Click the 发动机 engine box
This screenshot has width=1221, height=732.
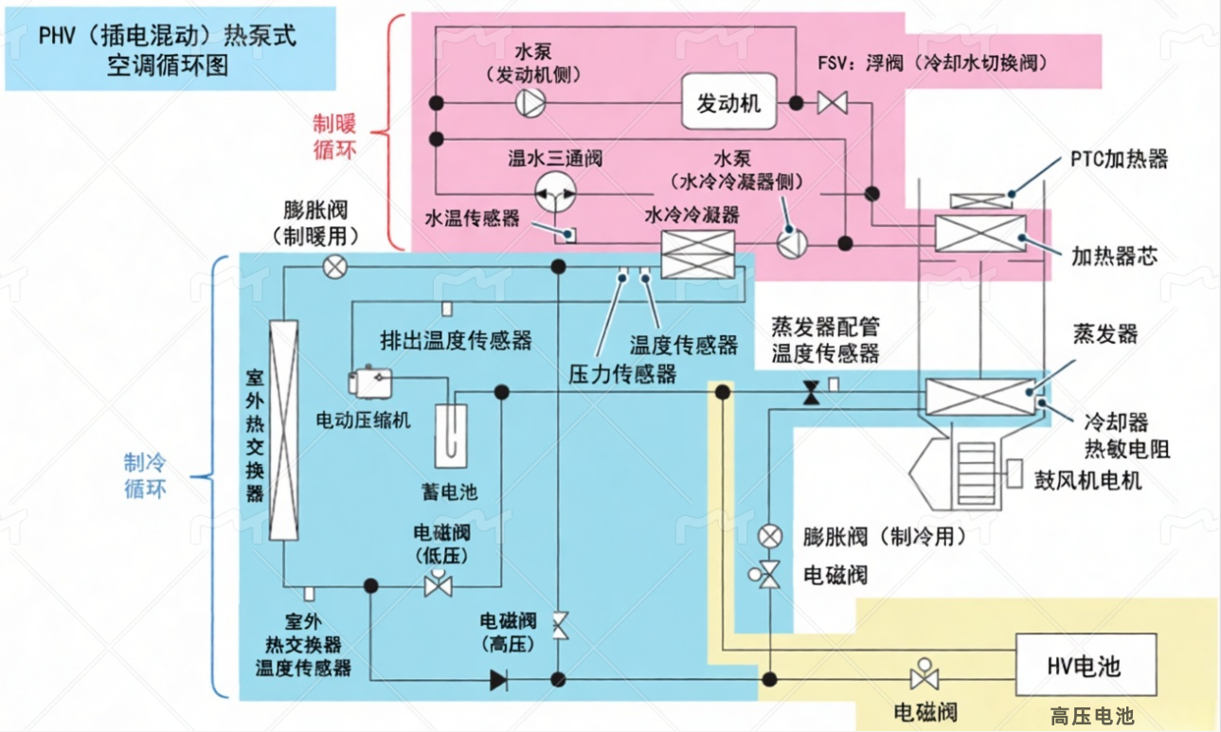[728, 103]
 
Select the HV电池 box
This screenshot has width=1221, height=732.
[1085, 666]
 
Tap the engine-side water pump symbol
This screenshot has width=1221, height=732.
[528, 103]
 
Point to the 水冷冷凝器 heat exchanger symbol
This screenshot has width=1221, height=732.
[698, 256]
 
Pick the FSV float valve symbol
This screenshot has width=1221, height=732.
[833, 102]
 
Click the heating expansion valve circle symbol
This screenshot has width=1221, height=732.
[334, 267]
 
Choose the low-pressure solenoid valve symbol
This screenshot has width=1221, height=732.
[438, 584]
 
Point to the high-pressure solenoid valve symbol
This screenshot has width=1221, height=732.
[560, 626]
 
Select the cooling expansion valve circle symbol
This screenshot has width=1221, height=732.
[771, 536]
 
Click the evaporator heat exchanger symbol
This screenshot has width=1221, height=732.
[979, 397]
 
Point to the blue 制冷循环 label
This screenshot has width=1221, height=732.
[145, 475]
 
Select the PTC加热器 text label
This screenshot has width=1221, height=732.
[1120, 158]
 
